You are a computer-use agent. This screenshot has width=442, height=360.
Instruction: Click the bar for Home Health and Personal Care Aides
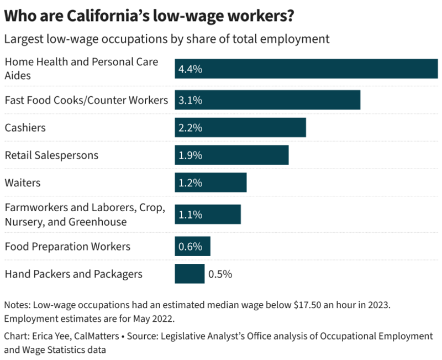click(306, 69)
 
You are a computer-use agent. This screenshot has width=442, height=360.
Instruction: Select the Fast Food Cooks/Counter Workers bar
click(267, 100)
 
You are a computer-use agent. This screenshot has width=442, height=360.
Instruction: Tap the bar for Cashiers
click(240, 128)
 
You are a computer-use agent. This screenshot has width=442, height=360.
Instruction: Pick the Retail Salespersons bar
click(231, 155)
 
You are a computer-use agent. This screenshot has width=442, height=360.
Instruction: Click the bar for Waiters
click(211, 182)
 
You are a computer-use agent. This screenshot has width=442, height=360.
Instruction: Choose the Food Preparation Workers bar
click(192, 246)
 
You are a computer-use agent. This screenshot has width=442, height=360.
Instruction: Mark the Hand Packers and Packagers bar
click(190, 274)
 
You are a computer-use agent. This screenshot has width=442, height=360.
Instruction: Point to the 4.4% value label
click(190, 69)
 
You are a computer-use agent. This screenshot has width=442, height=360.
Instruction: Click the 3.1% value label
click(190, 101)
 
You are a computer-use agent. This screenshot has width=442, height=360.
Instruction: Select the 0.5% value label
click(220, 274)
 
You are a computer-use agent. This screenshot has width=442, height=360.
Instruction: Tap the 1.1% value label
click(190, 215)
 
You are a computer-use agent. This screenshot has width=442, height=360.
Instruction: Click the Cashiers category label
click(25, 128)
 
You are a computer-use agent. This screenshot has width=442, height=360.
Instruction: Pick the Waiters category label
click(23, 182)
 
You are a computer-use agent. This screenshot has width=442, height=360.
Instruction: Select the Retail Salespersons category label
click(51, 155)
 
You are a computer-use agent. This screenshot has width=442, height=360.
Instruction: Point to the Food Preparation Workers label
click(67, 246)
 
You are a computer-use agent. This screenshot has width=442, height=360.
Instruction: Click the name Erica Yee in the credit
click(51, 336)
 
